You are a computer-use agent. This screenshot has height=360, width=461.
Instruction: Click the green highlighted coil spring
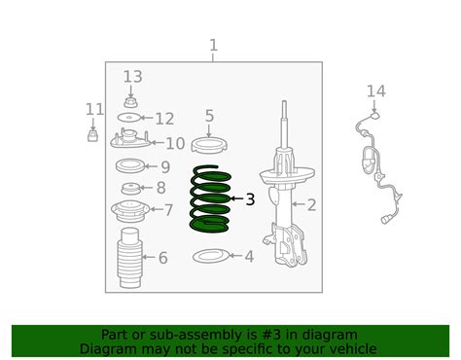[210, 200]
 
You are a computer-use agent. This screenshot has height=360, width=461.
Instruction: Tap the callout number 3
[250, 199]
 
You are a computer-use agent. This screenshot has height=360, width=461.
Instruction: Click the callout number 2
[311, 204]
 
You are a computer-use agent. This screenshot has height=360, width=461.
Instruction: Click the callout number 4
[249, 257]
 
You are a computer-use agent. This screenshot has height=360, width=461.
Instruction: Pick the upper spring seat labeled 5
[208, 146]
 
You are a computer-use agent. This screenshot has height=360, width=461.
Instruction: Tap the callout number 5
[209, 117]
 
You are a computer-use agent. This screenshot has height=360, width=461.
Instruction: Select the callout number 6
[162, 258]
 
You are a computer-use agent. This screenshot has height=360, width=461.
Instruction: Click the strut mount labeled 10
[130, 142]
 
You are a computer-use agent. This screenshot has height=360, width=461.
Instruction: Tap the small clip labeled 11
[93, 134]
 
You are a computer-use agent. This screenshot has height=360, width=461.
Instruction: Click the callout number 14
[376, 91]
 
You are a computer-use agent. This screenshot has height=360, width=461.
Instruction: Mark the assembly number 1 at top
[213, 46]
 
